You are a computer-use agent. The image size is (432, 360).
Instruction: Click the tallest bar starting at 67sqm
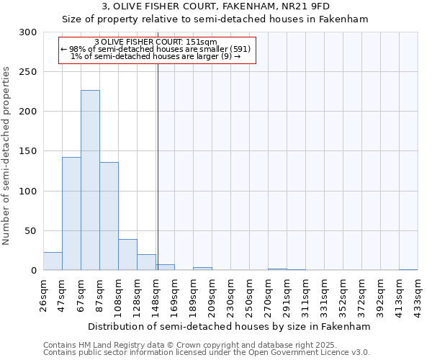point(90,180)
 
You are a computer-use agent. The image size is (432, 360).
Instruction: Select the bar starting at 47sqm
point(71,213)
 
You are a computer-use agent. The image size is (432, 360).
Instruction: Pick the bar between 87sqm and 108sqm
point(109,216)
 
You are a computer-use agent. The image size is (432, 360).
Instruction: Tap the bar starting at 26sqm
point(53,261)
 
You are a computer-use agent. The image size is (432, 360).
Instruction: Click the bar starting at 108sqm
point(127,255)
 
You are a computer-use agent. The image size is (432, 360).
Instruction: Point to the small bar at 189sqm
point(202,269)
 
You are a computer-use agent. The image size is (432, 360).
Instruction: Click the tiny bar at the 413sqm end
point(408,269)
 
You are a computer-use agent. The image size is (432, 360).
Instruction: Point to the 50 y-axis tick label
point(32,231)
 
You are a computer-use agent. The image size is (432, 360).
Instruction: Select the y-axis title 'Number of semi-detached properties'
point(6,156)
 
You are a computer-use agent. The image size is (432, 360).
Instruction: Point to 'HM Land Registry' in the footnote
point(104,345)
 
